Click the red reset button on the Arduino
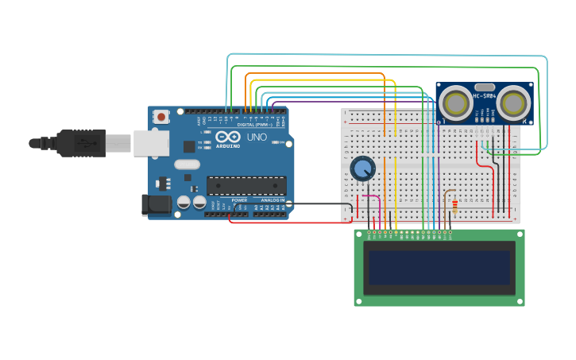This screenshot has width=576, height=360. coord(161,117)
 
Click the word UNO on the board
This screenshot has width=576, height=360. coord(257,137)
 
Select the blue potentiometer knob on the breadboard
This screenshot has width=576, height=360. coord(362,168)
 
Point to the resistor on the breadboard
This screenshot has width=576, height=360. coord(454,206)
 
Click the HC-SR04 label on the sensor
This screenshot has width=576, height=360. coord(485,96)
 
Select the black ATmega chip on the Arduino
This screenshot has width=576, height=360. coord(246,186)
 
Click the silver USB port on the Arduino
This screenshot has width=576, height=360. coord(151,143)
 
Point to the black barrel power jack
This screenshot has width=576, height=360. coord(157,204)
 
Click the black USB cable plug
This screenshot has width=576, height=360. coord(79,143)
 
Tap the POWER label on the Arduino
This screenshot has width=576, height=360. coord(239,200)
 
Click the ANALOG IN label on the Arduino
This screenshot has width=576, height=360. coord(272,200)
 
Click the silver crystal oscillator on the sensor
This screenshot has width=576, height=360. coord(485,87)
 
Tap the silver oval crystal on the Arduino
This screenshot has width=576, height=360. coord(187,165)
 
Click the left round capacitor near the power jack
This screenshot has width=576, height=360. coord(184,203)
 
